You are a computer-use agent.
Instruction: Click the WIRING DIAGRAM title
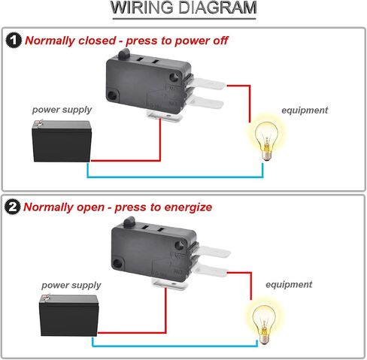(183, 8)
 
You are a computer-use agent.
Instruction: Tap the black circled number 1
(14, 40)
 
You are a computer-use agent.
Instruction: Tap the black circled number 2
(13, 207)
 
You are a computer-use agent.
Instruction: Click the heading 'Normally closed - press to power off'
(126, 41)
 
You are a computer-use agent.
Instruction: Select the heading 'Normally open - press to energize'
(118, 207)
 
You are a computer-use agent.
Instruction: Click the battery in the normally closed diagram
(62, 141)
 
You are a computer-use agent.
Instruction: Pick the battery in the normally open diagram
(68, 315)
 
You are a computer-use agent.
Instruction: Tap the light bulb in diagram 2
(264, 325)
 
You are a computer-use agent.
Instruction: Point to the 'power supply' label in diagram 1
(62, 110)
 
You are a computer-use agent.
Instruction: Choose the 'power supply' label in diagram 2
(71, 285)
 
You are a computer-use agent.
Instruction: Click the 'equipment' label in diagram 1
(305, 110)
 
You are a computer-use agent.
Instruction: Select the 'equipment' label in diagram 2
(289, 285)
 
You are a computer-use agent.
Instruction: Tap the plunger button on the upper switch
(123, 54)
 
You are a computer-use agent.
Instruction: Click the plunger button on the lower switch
(129, 222)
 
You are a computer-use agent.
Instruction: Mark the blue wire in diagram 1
(175, 177)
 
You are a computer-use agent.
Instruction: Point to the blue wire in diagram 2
(174, 346)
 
